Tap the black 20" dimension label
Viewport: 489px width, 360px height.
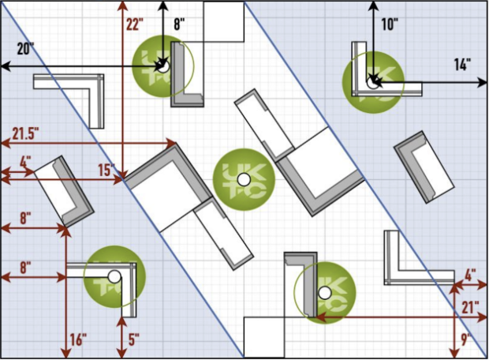(x=25, y=49)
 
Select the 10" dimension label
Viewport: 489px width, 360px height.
(x=389, y=24)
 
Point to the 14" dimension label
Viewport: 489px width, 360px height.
(x=461, y=63)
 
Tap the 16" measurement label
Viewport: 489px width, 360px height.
(x=78, y=340)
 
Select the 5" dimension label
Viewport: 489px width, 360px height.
(x=133, y=340)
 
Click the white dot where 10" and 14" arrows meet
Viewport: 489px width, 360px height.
(x=372, y=79)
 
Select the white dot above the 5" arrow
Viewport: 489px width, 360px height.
(x=114, y=277)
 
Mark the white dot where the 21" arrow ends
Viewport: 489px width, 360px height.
(x=324, y=293)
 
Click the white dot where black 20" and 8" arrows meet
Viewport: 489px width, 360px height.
(x=162, y=67)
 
